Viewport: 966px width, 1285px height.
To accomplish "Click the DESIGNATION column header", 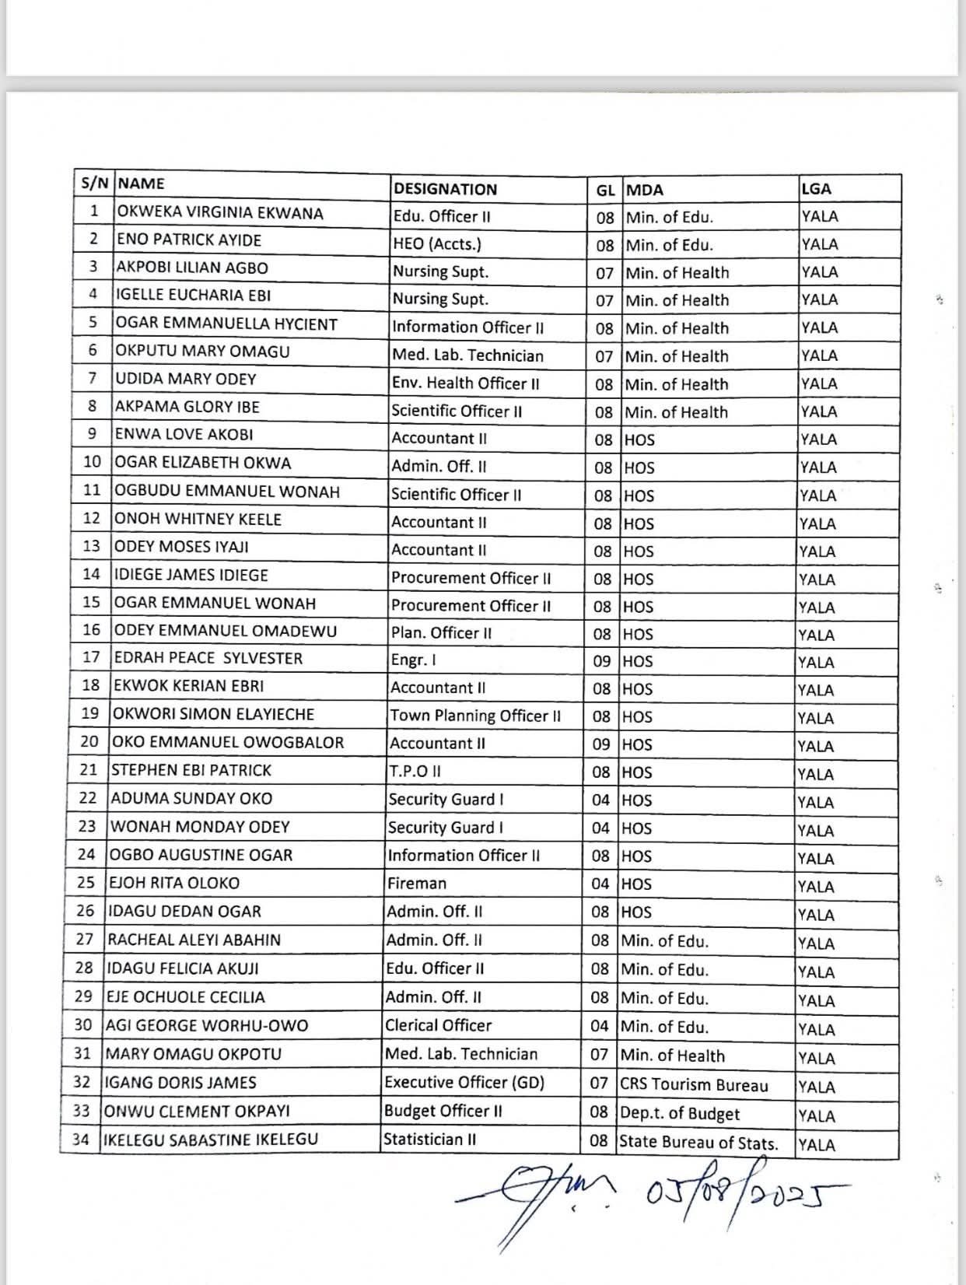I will point(445,189).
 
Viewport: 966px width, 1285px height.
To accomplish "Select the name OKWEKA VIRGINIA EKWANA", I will point(219,212).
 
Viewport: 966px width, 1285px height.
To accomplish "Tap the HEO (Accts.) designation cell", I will point(437,244).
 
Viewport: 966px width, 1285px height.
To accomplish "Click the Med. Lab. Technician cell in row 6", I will point(467,355).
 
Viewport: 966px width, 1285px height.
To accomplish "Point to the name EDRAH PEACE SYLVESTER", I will point(208,658).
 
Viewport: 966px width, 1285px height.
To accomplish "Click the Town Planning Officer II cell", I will point(475,716).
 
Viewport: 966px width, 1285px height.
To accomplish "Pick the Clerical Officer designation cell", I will point(439,1025).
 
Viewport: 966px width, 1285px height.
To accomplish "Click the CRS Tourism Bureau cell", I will point(694,1085).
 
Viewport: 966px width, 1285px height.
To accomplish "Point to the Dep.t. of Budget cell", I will point(680,1114).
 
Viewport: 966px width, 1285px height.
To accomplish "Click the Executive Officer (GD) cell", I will point(464,1082).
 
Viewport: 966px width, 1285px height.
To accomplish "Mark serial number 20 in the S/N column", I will point(89,741).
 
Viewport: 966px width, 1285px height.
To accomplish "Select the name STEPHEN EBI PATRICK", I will point(191,770).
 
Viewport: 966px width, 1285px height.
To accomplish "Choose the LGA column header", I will point(816,189).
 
